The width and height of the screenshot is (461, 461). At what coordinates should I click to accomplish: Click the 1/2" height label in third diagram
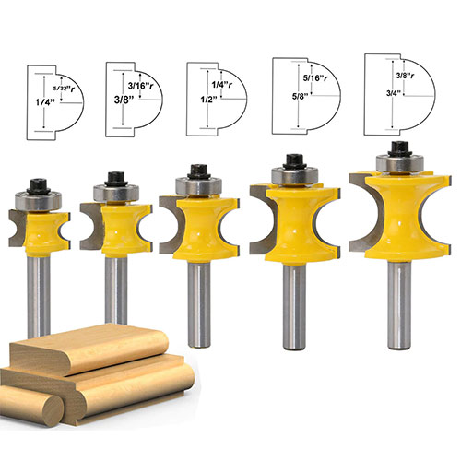click(x=200, y=102)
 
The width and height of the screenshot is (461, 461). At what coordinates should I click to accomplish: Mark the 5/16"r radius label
click(x=313, y=78)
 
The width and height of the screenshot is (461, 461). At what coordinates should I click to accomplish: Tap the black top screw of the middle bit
click(x=196, y=171)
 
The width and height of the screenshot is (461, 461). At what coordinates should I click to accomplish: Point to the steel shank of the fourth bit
click(x=294, y=295)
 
